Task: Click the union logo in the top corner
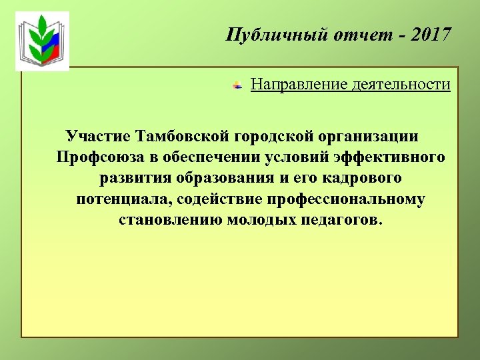(42, 41)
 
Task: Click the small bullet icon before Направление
(237, 86)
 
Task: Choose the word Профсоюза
(98, 157)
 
